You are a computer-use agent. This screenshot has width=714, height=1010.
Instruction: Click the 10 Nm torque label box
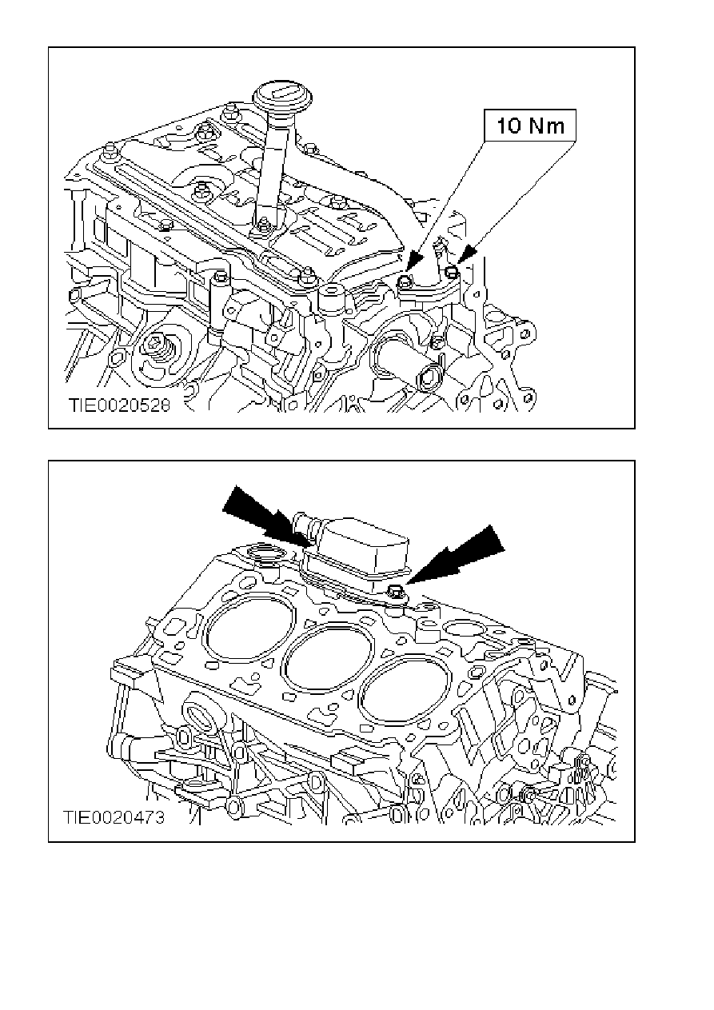click(x=529, y=126)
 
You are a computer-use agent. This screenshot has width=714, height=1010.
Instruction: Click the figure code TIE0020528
click(x=119, y=405)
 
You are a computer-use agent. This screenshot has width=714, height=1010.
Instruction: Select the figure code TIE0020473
click(x=114, y=816)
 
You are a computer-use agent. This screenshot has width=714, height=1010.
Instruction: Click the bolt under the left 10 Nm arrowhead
click(x=405, y=281)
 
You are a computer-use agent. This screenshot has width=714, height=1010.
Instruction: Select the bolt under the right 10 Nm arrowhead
click(x=452, y=271)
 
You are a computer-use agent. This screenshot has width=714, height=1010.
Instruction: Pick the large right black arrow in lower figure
click(x=454, y=556)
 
